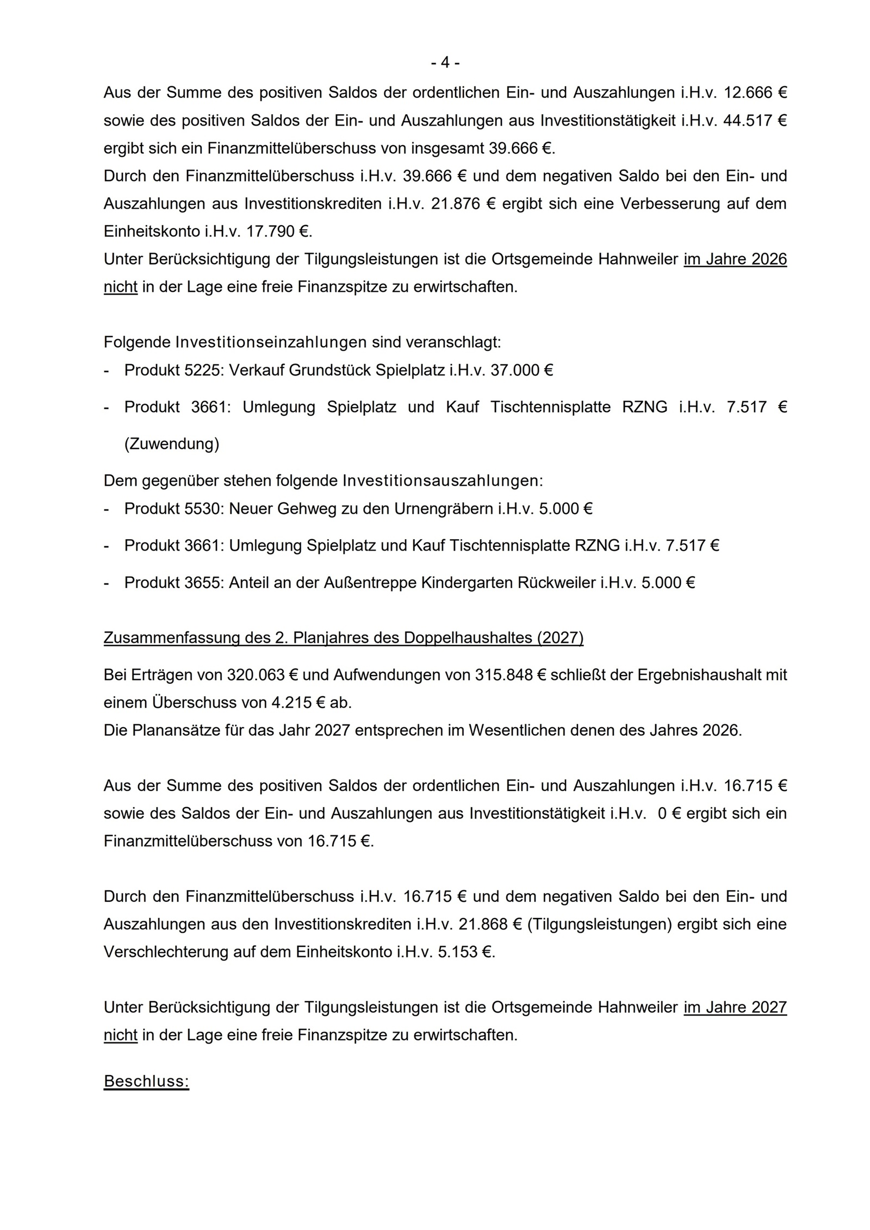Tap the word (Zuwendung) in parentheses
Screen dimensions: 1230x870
172,444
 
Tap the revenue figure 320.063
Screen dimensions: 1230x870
255,675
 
